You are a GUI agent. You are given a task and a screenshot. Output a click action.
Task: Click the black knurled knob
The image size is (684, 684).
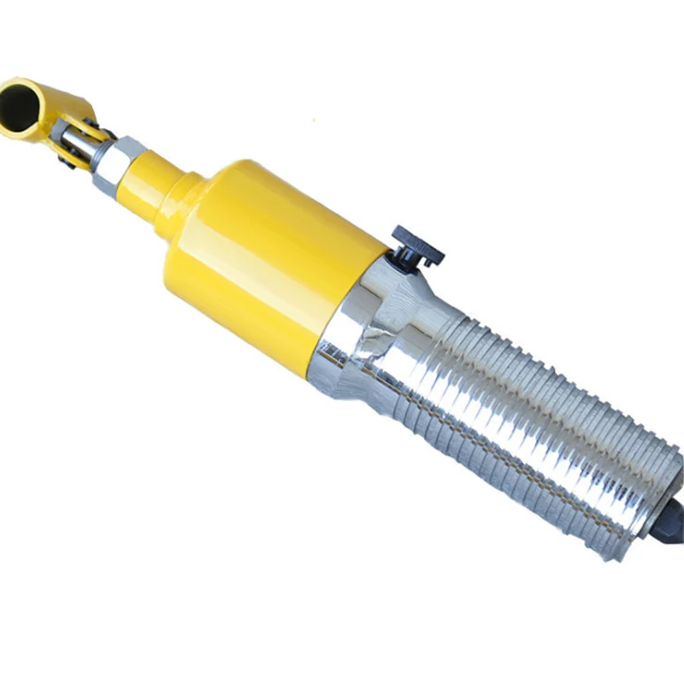tap(418, 245)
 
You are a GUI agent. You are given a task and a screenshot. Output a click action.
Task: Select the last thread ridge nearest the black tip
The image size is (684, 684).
tap(637, 504)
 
